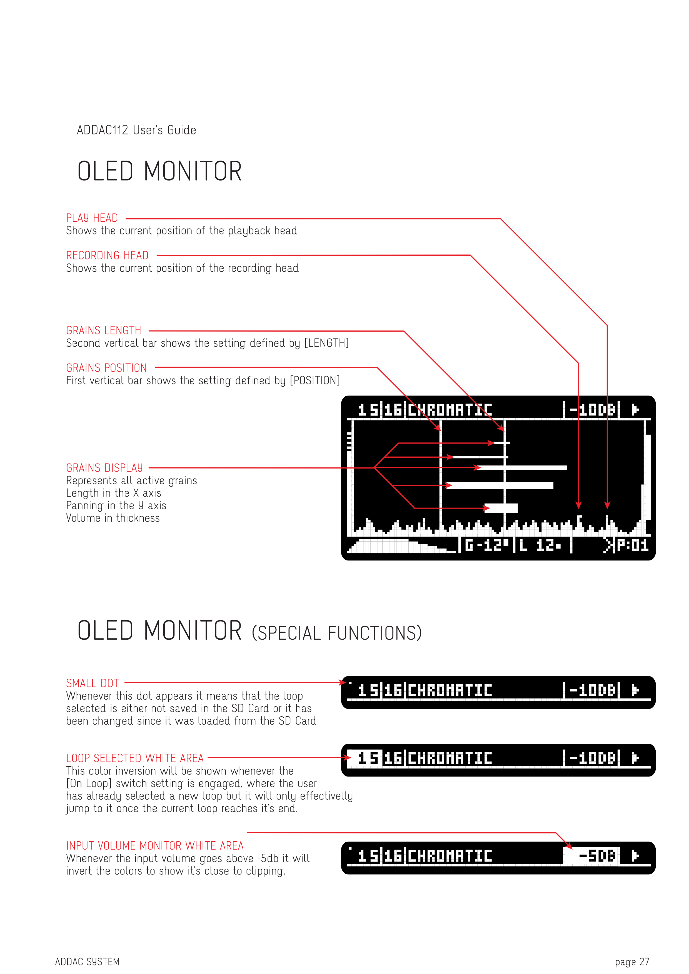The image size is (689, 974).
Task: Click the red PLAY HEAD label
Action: click(92, 218)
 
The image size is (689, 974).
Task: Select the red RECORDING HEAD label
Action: click(107, 256)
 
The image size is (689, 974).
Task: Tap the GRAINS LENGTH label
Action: click(104, 330)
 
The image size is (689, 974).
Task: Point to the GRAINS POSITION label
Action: click(106, 368)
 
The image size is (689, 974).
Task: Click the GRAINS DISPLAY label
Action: click(104, 468)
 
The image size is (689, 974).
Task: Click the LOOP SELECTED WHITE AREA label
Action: click(135, 758)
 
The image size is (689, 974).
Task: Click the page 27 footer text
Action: click(632, 962)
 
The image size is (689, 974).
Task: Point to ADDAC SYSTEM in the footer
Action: click(88, 962)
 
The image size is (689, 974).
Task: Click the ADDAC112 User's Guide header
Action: click(137, 130)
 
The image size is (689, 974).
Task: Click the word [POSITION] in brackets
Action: click(315, 380)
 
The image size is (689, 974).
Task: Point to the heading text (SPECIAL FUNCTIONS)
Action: click(337, 633)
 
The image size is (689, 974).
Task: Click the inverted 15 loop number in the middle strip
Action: click(365, 758)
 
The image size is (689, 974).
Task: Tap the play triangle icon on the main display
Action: click(635, 410)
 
